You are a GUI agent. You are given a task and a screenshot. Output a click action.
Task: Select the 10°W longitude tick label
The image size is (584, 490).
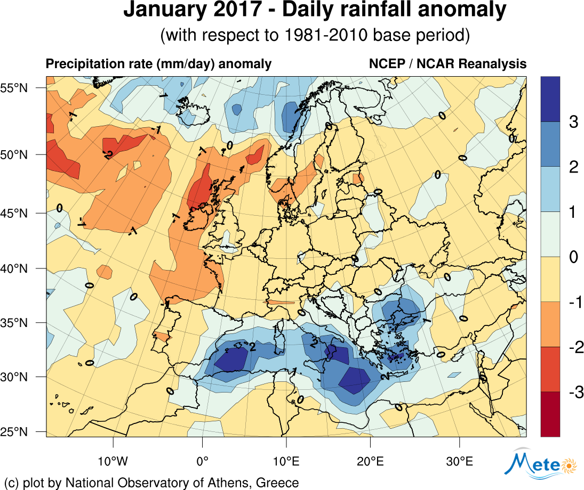tap(113, 460)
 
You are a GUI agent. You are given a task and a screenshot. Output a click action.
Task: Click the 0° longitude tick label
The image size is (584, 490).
tap(202, 460)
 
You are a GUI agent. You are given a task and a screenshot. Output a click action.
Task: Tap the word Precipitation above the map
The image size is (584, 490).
tap(80, 64)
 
